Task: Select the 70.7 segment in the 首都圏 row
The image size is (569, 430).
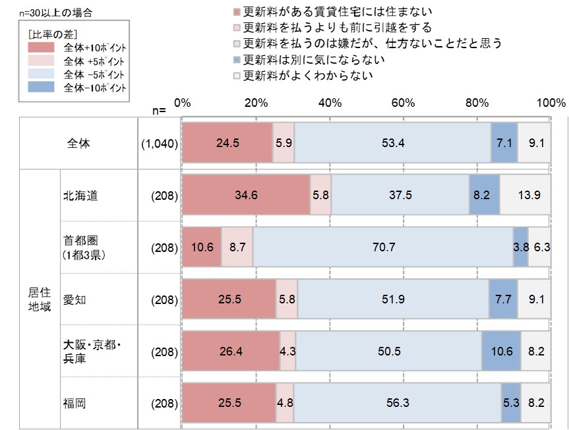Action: [383, 248]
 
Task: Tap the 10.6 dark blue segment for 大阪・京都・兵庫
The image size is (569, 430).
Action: [501, 352]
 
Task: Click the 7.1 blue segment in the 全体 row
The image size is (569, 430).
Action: [504, 142]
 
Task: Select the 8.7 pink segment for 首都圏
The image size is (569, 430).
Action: [237, 248]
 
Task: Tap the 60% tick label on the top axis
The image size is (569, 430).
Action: [402, 103]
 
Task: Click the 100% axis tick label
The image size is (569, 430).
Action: [551, 103]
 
